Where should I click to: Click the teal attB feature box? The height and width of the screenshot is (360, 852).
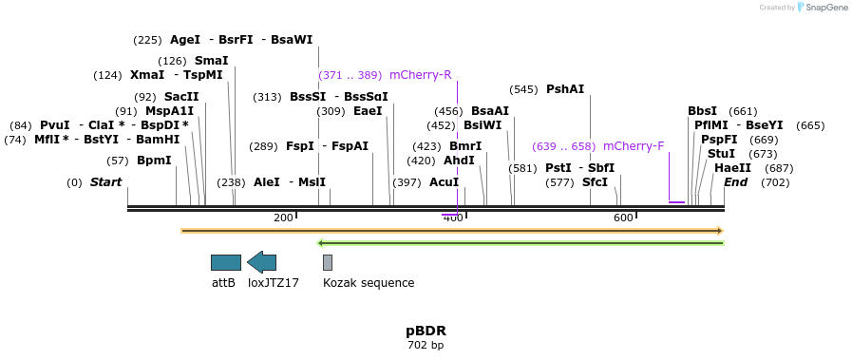[x=226, y=262]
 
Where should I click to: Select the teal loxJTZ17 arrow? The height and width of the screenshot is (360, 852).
[x=261, y=262]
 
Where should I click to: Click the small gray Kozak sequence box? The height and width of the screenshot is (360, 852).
[x=328, y=262]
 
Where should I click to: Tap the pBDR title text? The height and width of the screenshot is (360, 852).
[x=426, y=332]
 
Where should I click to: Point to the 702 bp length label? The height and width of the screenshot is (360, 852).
[x=426, y=345]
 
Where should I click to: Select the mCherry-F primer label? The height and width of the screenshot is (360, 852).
[x=634, y=146]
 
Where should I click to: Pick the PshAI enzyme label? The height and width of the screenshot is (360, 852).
[x=565, y=89]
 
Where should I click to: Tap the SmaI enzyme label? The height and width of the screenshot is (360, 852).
[x=211, y=61]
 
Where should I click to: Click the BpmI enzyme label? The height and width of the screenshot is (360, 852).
[x=154, y=161]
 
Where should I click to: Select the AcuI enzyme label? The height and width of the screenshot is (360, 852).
[x=444, y=182]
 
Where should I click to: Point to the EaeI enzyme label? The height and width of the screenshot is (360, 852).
[x=367, y=111]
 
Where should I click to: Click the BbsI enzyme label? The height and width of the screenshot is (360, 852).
[x=702, y=111]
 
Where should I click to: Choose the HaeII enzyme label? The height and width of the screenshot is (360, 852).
[x=732, y=168]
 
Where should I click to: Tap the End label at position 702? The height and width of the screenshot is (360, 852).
[x=735, y=182]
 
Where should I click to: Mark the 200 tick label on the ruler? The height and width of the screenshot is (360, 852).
[x=283, y=218]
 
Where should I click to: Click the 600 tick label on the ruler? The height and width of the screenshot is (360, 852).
[x=622, y=218]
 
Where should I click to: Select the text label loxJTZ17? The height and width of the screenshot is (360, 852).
[x=274, y=283]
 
